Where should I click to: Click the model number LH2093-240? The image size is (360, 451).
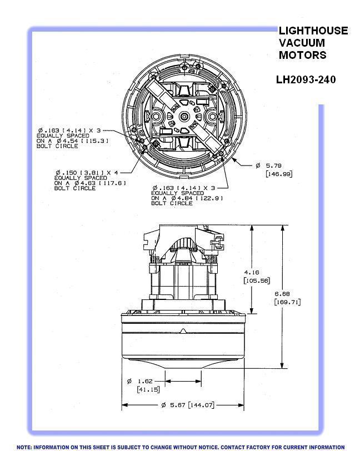click(x=306, y=79)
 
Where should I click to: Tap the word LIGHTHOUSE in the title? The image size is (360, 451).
click(x=313, y=31)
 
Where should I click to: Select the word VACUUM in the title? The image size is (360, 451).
click(x=302, y=43)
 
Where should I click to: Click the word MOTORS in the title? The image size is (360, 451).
click(x=303, y=55)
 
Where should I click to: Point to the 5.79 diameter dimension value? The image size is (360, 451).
click(x=274, y=166)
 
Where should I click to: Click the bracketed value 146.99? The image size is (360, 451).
click(x=279, y=174)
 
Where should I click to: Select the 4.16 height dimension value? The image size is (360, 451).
click(x=252, y=272)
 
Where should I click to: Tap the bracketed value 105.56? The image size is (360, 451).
click(x=257, y=280)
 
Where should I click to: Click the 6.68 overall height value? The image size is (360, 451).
click(x=282, y=294)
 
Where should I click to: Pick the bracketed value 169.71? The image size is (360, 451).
click(x=287, y=302)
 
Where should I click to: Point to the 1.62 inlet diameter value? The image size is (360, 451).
click(x=145, y=381)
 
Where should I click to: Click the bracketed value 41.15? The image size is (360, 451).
click(x=148, y=389)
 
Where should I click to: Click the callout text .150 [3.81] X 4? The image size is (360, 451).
click(x=87, y=173)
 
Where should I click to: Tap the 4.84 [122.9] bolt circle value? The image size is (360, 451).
click(x=197, y=198)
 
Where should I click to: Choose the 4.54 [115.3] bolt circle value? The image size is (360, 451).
click(x=83, y=141)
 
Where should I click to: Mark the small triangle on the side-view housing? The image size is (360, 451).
click(x=183, y=331)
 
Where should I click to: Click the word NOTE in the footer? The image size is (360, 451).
click(x=24, y=447)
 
